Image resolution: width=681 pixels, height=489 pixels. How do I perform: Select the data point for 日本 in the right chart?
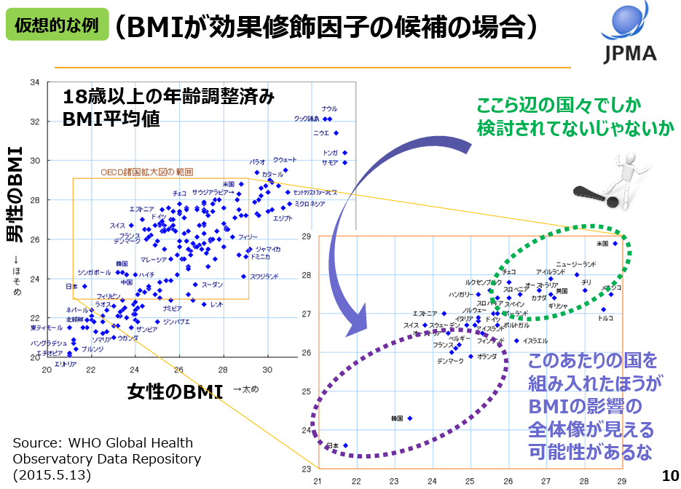click(x=345, y=445)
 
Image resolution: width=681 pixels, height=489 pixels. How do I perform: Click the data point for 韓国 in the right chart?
click(x=410, y=418)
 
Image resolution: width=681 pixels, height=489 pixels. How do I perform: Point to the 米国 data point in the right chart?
click(x=615, y=243)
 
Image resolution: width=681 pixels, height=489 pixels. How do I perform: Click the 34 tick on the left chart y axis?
click(x=34, y=82)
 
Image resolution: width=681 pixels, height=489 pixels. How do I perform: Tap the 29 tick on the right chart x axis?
click(x=621, y=481)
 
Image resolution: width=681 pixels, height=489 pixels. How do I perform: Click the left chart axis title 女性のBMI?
click(x=175, y=391)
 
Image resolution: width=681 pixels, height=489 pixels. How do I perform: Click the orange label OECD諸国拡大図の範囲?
click(x=146, y=172)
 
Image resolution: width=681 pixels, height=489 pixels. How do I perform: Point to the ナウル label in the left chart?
click(x=329, y=109)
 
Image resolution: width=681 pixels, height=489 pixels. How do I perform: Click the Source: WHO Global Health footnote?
click(x=103, y=442)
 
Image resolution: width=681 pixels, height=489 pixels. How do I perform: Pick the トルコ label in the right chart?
click(x=605, y=318)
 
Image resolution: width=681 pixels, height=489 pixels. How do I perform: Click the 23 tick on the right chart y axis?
click(x=307, y=469)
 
